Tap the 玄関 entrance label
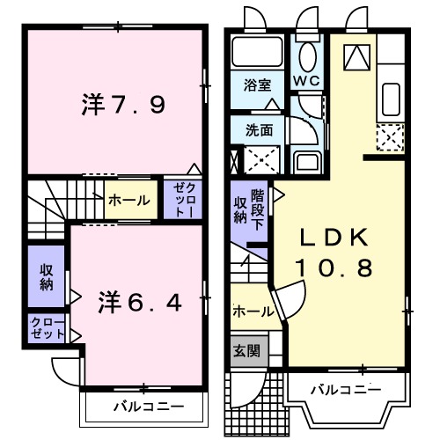(x=247, y=349)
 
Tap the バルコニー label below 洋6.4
(x=148, y=407)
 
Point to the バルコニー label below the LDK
(x=345, y=389)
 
